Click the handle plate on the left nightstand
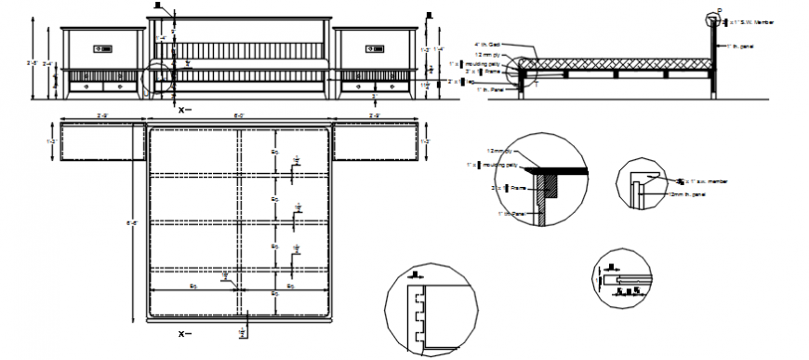click(x=100, y=47)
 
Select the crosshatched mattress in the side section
click(x=618, y=63)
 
